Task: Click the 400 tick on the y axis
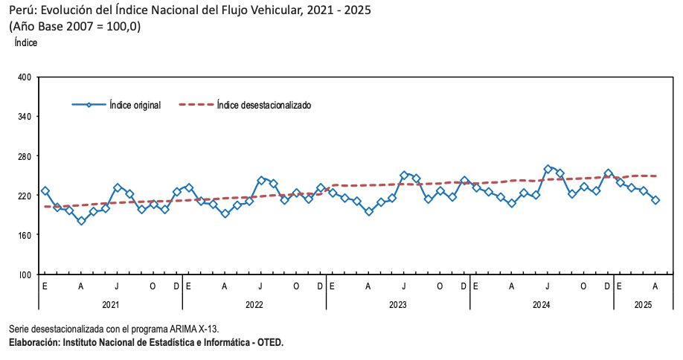click(x=24, y=77)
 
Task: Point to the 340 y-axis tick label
click(x=24, y=117)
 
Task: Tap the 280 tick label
click(x=24, y=156)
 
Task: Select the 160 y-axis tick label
click(x=24, y=235)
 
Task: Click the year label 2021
click(x=110, y=304)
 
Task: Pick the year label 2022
click(x=254, y=304)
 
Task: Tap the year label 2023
click(x=398, y=304)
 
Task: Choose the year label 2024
click(x=542, y=304)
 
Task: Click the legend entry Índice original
click(x=135, y=105)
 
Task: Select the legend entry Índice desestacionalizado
click(x=263, y=105)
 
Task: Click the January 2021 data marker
click(x=45, y=191)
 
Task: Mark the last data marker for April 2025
click(x=655, y=200)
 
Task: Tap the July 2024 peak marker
click(x=548, y=169)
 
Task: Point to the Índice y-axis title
click(x=26, y=43)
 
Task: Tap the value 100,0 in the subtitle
click(x=122, y=27)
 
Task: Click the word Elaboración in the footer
click(x=33, y=342)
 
